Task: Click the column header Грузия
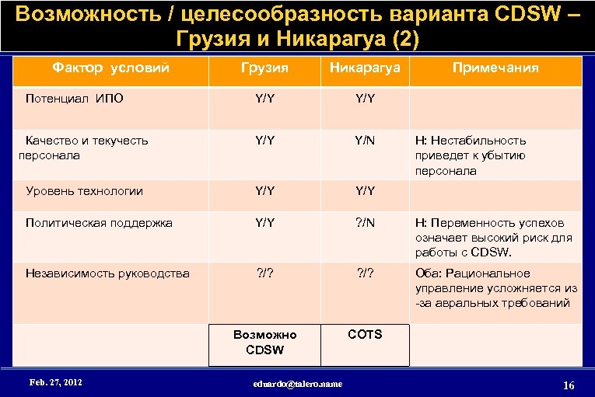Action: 265,68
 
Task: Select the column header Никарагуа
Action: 365,68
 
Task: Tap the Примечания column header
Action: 496,68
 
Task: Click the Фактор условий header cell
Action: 110,68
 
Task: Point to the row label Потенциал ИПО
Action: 74,99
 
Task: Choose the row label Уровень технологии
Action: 84,190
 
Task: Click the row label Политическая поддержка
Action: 99,223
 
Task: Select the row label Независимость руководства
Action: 107,273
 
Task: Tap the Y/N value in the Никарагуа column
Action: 365,141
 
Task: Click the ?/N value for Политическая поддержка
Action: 365,223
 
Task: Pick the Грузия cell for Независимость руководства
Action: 265,273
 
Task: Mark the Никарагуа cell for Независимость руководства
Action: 365,273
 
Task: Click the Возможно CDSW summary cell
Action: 265,342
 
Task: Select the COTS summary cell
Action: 365,334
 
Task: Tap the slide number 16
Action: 568,385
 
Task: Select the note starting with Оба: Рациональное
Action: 495,288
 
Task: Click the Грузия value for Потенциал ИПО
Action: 265,99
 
